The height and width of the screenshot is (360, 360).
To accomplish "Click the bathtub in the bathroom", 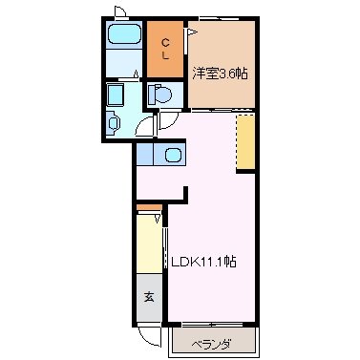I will coord(122,36).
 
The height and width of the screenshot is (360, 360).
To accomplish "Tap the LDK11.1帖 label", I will coord(203,260).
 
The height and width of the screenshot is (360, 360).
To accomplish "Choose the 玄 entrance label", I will coord(149,297).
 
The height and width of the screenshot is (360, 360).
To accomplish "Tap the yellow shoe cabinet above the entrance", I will coord(149,247).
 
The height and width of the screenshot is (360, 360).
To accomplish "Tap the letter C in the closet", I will coord(165,41).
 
